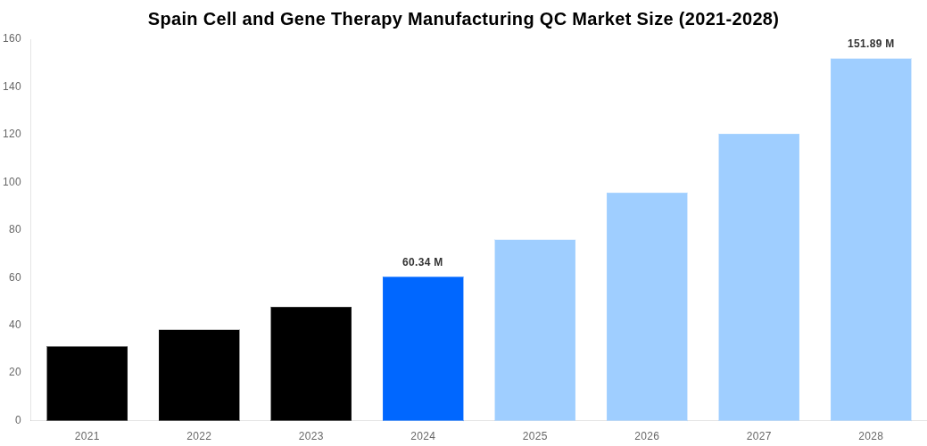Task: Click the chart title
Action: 463,19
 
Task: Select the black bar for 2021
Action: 87,384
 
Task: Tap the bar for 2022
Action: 199,376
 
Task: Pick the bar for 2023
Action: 311,364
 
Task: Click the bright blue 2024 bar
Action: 423,349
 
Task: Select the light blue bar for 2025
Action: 535,330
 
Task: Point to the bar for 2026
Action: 647,307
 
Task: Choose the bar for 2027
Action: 759,277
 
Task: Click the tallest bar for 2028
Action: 871,240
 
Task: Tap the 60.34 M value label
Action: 423,262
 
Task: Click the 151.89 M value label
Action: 871,44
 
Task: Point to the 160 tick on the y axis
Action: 12,38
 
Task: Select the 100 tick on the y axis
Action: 12,182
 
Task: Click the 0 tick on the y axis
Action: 18,420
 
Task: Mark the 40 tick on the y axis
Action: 15,325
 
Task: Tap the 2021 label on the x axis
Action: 87,436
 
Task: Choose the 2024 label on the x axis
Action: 423,436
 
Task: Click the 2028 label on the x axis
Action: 871,436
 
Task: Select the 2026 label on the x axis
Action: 647,436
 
